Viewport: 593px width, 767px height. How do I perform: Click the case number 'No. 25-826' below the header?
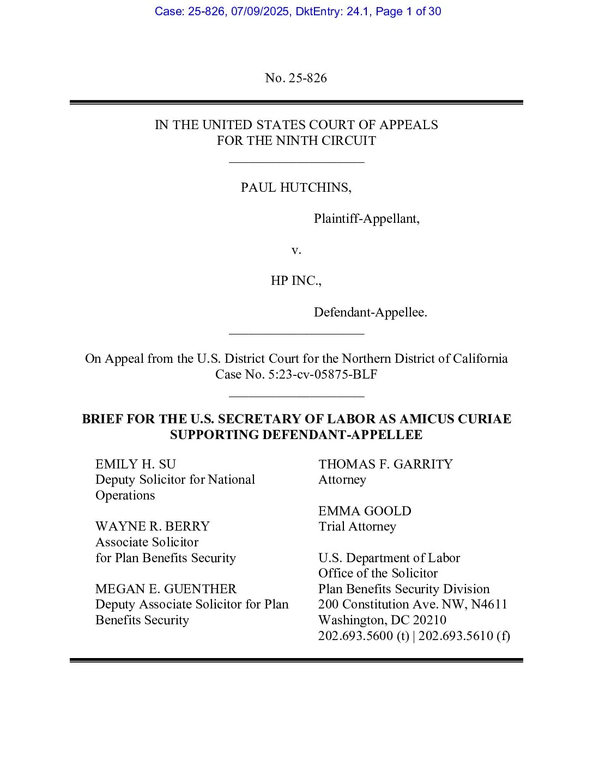point(296,78)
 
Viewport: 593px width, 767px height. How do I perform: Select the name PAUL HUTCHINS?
point(296,188)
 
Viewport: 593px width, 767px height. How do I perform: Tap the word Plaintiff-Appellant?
point(366,219)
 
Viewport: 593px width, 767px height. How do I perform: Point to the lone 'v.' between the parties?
point(296,250)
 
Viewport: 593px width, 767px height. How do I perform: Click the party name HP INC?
point(296,281)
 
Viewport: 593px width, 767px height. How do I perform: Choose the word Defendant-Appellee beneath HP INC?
point(370,313)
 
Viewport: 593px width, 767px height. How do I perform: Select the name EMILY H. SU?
point(136,464)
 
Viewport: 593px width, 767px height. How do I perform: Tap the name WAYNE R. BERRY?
point(153,527)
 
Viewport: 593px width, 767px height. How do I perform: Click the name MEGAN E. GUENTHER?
point(166,589)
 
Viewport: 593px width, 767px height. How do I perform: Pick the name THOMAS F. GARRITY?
point(385,464)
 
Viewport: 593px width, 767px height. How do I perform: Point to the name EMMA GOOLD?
point(365,511)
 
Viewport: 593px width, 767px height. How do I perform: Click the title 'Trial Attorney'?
point(357,527)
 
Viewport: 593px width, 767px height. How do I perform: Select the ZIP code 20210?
point(429,620)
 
